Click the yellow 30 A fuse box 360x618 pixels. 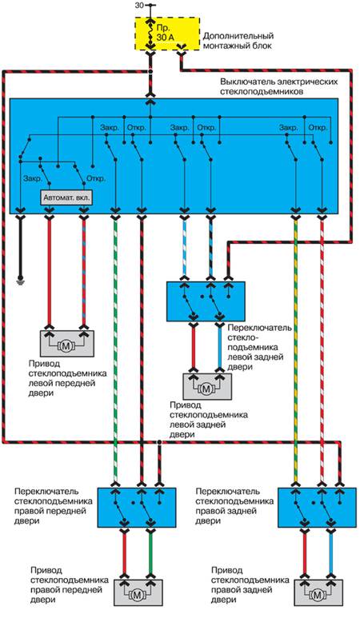[166, 34]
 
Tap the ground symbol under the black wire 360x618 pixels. [21, 281]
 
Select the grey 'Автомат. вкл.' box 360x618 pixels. [66, 197]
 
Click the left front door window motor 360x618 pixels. [66, 344]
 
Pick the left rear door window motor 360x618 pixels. [206, 386]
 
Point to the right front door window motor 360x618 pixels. [138, 592]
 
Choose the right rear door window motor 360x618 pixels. [318, 592]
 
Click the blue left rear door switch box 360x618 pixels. [206, 301]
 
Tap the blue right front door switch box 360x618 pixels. [137, 508]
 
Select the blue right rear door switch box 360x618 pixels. [318, 508]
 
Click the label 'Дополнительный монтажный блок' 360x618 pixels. [238, 41]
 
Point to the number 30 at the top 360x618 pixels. [139, 5]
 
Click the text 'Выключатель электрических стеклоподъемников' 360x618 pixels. [279, 86]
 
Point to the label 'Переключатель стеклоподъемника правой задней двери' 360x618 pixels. [234, 506]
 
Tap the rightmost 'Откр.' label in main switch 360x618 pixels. [318, 128]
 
